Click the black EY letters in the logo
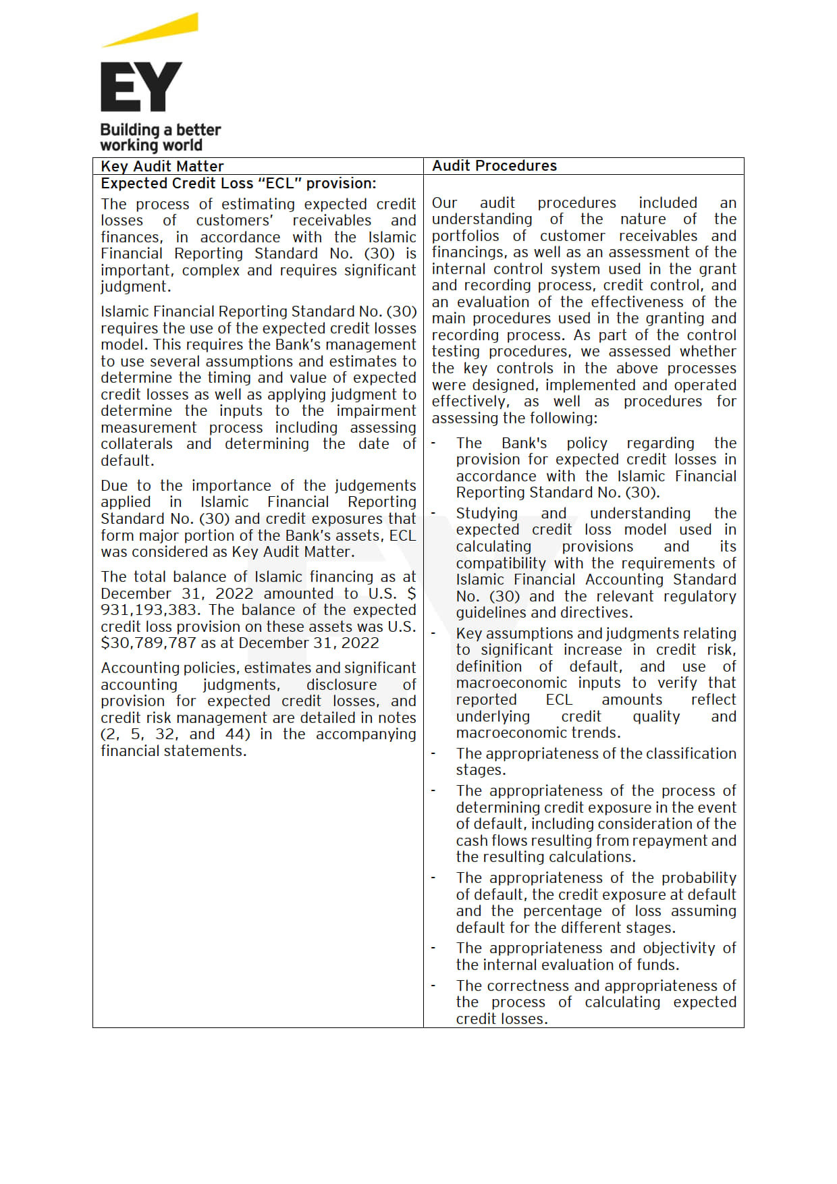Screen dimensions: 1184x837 click(141, 86)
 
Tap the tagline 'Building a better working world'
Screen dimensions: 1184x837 click(160, 137)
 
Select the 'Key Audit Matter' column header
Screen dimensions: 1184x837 click(162, 166)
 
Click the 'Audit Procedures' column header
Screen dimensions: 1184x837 click(494, 165)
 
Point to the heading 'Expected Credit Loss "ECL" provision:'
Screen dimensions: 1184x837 click(238, 183)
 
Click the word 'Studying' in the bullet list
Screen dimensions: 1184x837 click(487, 513)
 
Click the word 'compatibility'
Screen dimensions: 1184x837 click(500, 563)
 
